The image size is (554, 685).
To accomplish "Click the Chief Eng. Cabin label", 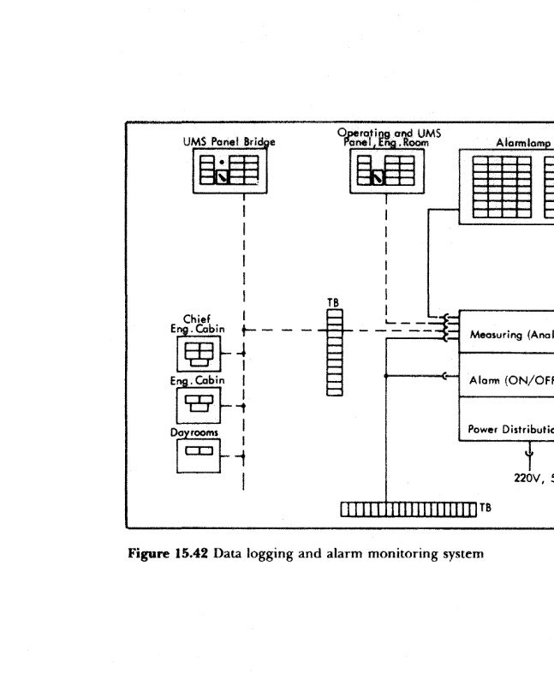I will (197, 323).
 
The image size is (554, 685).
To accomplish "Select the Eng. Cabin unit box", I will (199, 404).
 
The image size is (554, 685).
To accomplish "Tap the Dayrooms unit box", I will (199, 453).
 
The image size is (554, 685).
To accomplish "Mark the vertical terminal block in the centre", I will (335, 352).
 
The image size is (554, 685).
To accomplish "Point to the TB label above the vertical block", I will (335, 302).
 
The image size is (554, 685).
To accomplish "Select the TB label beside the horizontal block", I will (485, 508).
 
